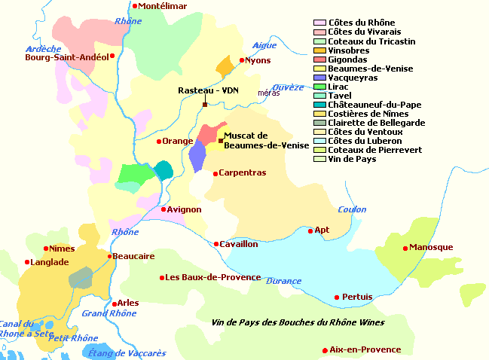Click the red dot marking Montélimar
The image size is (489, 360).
tap(135, 6)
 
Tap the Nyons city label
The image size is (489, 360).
tap(258, 60)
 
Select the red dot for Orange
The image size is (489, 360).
tap(159, 141)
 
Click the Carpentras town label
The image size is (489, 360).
tap(242, 173)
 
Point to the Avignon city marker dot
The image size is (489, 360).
tap(164, 209)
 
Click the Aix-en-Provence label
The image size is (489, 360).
tap(365, 350)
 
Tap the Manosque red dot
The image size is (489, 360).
tap(405, 248)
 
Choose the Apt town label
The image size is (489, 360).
tap(322, 230)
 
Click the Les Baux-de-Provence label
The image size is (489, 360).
tap(213, 278)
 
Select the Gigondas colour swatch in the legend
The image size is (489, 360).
tap(320, 59)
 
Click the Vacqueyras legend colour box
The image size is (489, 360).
tap(320, 78)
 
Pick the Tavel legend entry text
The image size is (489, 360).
tap(341, 96)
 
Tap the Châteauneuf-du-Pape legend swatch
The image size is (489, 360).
tap(320, 105)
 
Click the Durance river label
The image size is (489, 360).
tap(283, 281)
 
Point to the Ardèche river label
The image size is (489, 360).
tap(43, 49)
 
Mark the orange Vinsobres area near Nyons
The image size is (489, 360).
tap(225, 66)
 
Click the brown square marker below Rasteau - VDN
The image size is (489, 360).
tap(205, 105)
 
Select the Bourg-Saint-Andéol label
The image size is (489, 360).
tap(66, 56)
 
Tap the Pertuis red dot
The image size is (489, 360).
tap(336, 297)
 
